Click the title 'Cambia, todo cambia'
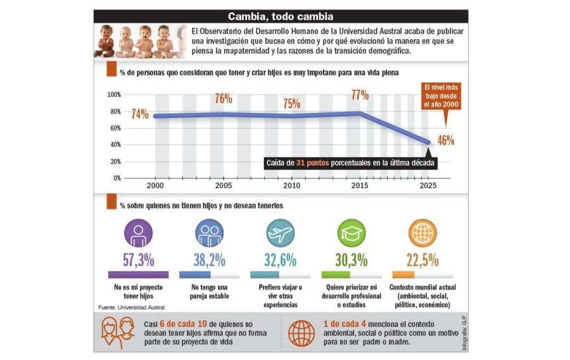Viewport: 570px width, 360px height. pos(281,16)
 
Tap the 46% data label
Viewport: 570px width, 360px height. pos(446,140)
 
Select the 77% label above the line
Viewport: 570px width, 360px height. pos(360,95)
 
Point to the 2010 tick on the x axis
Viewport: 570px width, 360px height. pos(291,186)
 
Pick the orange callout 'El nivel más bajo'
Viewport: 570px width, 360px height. pos(441,96)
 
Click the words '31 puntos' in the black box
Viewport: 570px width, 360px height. pos(312,163)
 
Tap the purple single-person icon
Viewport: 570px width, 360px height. pos(138,233)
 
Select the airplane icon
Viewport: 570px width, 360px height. pos(281,233)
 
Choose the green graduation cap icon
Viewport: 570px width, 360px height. pos(351,233)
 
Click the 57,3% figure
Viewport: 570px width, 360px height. pos(138,260)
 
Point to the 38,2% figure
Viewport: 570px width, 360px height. pos(209,260)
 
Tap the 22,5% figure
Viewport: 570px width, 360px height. pos(422,260)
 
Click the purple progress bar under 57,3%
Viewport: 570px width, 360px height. pos(138,274)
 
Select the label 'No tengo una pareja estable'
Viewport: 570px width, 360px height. pos(209,292)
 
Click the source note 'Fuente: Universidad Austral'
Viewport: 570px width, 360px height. pos(132,307)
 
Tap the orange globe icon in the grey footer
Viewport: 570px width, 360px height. pos(301,333)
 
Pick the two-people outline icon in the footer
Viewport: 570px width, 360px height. pos(117,333)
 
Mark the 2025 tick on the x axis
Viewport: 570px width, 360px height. pos(428,186)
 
